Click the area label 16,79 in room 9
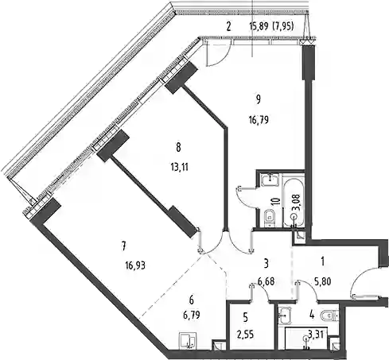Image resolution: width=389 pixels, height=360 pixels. click(x=259, y=120)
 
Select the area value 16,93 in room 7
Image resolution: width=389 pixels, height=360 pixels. click(x=135, y=265)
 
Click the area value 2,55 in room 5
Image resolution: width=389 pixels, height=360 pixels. click(x=246, y=335)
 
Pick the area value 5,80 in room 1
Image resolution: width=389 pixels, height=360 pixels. click(x=323, y=282)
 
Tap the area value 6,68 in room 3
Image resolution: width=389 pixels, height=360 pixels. click(x=266, y=281)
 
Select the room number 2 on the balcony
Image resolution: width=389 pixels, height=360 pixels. click(x=228, y=26)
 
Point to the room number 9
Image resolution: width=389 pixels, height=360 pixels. click(x=259, y=99)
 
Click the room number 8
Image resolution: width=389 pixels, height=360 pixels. click(x=178, y=148)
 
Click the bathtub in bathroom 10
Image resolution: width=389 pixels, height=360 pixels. click(x=293, y=203)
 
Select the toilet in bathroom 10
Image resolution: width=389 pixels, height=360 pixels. click(x=270, y=218)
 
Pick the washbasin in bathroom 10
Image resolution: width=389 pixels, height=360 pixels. click(x=270, y=180)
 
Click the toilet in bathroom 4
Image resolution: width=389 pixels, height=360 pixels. click(x=329, y=315)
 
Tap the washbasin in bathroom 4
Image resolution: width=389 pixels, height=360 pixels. click(x=285, y=315)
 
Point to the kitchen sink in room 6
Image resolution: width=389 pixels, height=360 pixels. click(x=188, y=340)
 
